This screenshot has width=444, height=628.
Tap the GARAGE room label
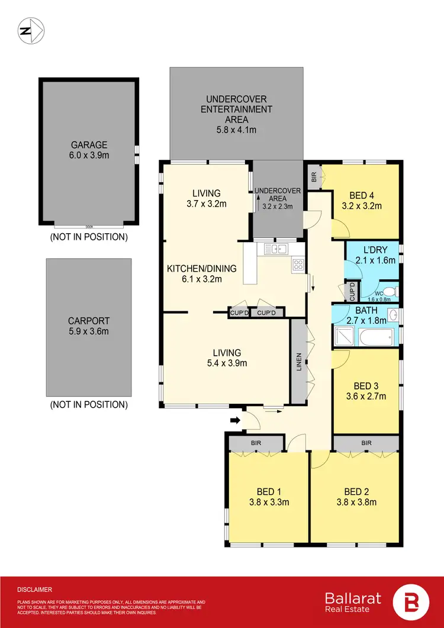pyautogui.click(x=89, y=144)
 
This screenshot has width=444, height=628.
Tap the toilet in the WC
pyautogui.click(x=393, y=291)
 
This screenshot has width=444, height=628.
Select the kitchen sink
pyautogui.click(x=276, y=249)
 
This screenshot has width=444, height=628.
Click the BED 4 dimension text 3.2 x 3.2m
pyautogui.click(x=362, y=207)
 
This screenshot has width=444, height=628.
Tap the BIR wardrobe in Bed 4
pyautogui.click(x=314, y=176)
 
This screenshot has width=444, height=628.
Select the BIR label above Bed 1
pyautogui.click(x=256, y=443)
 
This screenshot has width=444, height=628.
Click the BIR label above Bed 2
pyautogui.click(x=366, y=443)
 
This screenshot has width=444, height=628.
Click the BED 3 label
pyautogui.click(x=366, y=385)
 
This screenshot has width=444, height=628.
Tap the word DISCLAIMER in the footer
pyautogui.click(x=35, y=590)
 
